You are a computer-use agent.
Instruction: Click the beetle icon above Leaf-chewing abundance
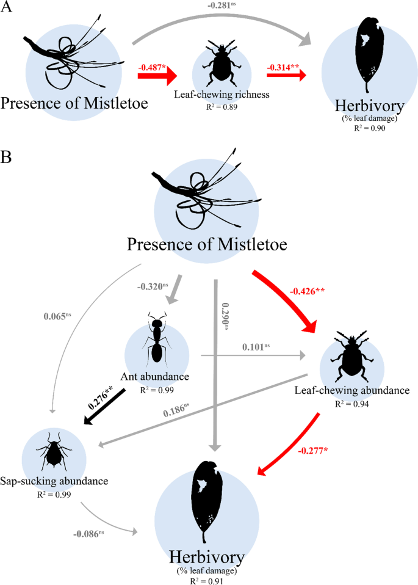click(350, 357)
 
